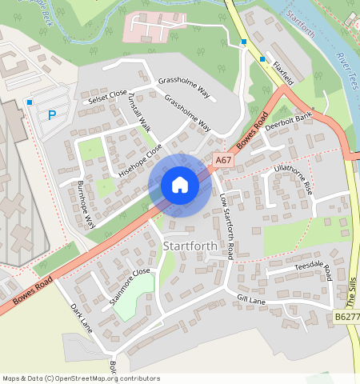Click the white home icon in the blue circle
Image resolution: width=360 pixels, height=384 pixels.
click(x=180, y=185)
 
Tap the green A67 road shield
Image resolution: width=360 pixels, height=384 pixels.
click(x=224, y=161)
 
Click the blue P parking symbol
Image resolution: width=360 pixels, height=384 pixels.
click(x=52, y=114)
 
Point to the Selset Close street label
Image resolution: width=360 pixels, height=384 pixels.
click(x=108, y=95)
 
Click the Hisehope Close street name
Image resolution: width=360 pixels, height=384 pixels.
click(x=140, y=160)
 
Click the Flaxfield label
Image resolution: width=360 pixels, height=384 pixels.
click(x=283, y=74)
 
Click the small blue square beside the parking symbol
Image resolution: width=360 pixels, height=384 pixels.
click(x=30, y=102)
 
